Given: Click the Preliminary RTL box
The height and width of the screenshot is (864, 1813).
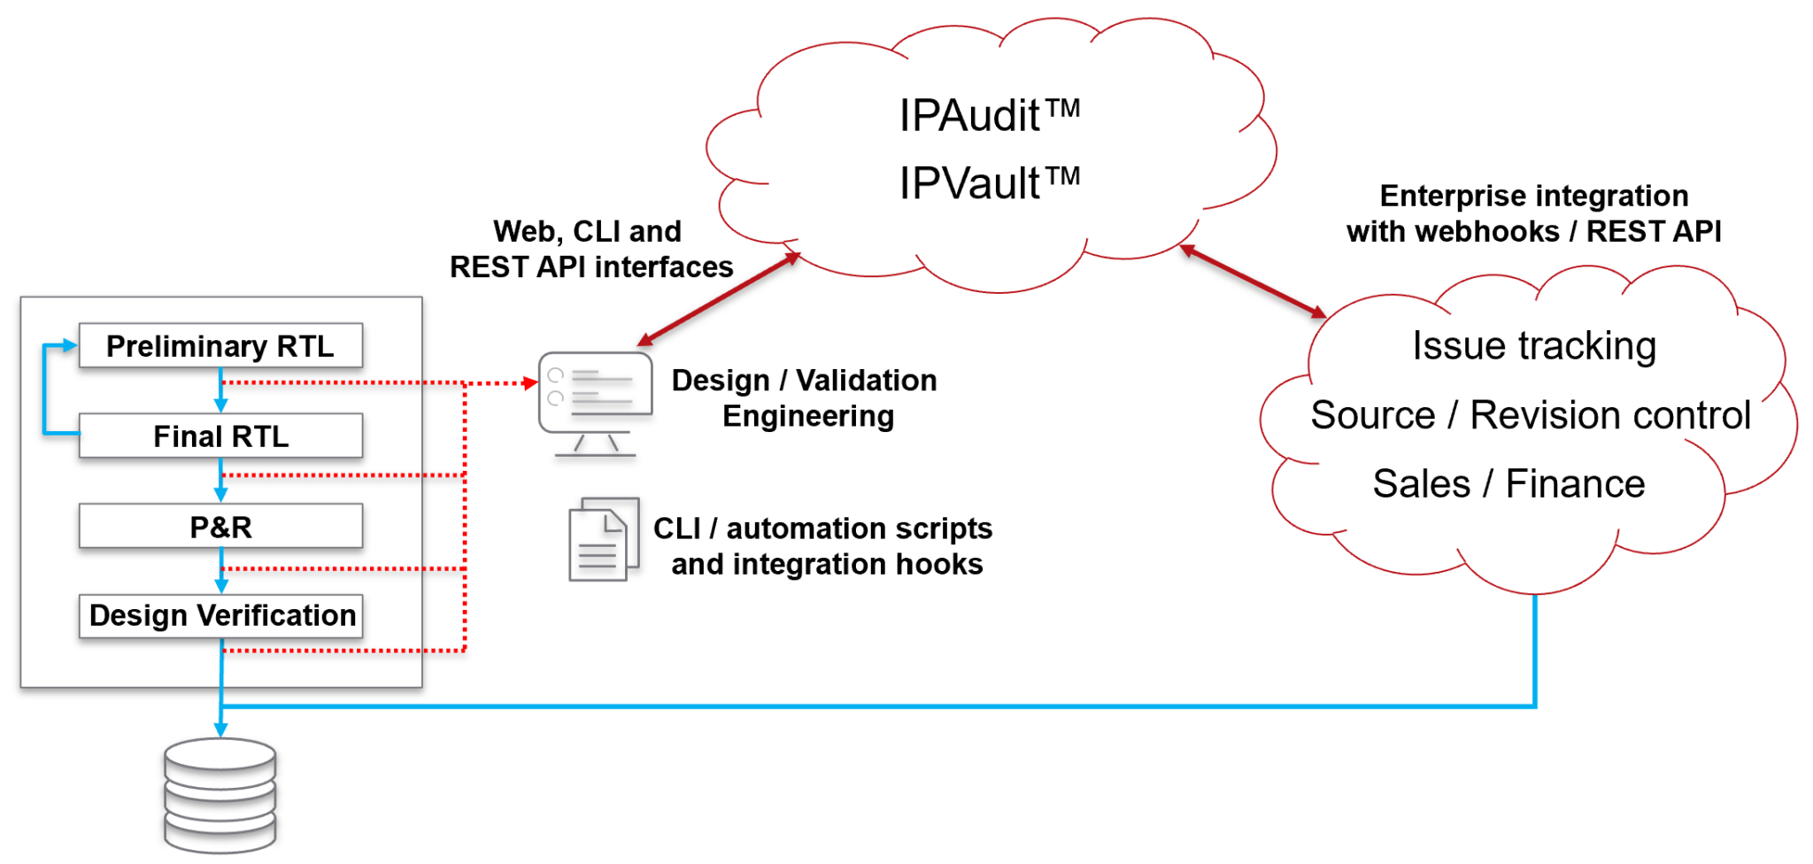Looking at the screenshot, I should click(220, 345).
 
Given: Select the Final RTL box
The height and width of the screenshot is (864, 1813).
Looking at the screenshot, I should click(220, 436).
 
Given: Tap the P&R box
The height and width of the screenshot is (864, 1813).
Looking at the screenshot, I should click(220, 527).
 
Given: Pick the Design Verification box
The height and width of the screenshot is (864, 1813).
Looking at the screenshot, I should click(221, 615).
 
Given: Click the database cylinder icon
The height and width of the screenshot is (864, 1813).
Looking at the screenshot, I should click(220, 795).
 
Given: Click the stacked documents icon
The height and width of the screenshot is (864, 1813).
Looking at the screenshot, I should click(603, 538).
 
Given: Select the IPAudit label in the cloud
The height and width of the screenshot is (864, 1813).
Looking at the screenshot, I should click(989, 115).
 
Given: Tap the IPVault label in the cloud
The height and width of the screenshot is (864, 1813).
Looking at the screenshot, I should click(989, 183).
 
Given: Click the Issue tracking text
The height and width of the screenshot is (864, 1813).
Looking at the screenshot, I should click(1533, 345).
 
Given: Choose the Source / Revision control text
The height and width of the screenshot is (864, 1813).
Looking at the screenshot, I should click(1531, 414).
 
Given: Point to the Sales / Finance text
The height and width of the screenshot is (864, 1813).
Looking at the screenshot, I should click(1508, 483).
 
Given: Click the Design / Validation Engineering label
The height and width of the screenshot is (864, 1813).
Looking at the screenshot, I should click(804, 397).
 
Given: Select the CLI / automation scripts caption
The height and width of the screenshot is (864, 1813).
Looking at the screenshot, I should click(823, 545).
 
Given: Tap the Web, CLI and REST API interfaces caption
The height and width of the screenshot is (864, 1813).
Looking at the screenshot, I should click(590, 249).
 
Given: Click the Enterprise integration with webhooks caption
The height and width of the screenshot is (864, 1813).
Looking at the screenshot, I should click(1533, 213).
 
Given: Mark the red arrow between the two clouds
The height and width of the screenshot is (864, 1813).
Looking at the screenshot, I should click(1253, 281).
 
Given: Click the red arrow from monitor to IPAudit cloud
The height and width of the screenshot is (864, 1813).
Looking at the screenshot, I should click(719, 298).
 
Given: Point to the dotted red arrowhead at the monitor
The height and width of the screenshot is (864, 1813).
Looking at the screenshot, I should click(530, 383).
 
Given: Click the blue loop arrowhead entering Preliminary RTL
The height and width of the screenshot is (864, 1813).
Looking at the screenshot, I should click(70, 345).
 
